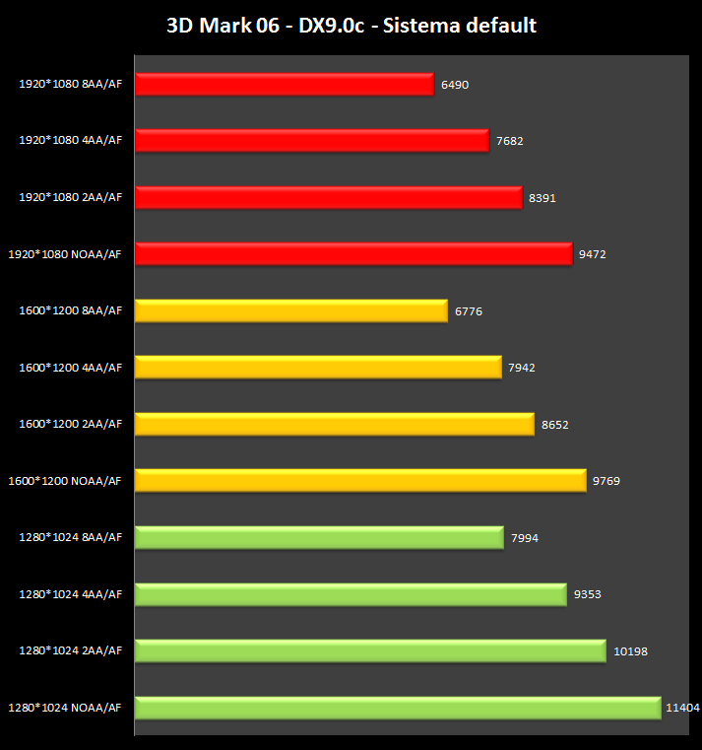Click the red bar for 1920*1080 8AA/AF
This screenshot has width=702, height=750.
coord(284,85)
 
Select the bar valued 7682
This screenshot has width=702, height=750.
coord(311,141)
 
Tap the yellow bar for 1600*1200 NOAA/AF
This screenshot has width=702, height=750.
coord(360,481)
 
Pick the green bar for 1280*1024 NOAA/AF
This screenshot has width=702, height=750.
coord(397,708)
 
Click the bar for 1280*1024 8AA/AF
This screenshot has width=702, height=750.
coord(319,538)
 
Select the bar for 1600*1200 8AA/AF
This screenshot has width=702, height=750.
coord(290,311)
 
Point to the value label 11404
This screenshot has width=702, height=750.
coord(682,708)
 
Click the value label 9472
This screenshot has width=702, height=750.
coord(593,254)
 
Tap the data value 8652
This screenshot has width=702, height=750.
coord(555,425)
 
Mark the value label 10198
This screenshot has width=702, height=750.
coord(630,651)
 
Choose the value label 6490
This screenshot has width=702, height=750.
coord(455,85)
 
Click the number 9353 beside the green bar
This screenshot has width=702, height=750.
coord(588,594)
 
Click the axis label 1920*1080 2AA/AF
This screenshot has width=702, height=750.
coord(71,198)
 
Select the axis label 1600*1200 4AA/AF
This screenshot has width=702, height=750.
coord(71,368)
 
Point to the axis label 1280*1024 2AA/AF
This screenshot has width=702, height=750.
coord(71,651)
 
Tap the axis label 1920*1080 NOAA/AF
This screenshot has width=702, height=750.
coord(65,254)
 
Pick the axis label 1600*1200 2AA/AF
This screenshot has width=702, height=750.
coord(71,425)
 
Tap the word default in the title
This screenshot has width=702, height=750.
coord(501,26)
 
